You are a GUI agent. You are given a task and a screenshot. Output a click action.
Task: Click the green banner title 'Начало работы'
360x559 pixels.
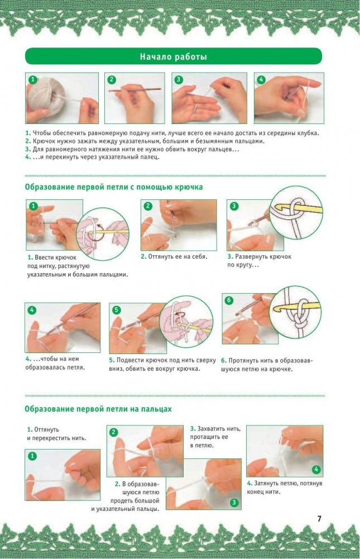[173, 57]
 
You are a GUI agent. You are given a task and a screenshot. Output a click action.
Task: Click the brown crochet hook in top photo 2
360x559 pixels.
[135, 90]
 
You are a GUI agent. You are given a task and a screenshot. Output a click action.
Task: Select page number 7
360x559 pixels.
[319, 518]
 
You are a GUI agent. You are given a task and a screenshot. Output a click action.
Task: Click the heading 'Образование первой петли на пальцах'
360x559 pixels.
[98, 409]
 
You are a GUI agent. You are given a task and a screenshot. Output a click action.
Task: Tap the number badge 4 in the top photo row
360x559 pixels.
[261, 79]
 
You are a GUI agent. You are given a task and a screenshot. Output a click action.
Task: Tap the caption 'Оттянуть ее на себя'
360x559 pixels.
[174, 256]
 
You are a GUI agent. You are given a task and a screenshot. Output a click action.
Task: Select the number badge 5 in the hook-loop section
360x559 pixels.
[116, 310]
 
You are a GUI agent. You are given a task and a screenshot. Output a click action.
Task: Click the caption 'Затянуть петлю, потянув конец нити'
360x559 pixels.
[285, 488]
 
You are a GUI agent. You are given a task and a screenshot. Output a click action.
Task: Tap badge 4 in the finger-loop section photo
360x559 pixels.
[316, 469]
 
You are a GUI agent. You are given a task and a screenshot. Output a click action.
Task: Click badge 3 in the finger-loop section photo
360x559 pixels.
[234, 502]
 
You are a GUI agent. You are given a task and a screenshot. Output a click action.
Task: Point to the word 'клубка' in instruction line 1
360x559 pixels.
[307, 133]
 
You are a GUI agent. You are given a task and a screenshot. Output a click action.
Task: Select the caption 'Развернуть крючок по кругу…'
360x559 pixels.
[259, 261]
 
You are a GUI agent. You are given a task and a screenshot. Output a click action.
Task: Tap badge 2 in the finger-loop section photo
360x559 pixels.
[113, 432]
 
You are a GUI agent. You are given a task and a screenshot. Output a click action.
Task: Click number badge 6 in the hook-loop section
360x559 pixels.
[229, 300]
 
